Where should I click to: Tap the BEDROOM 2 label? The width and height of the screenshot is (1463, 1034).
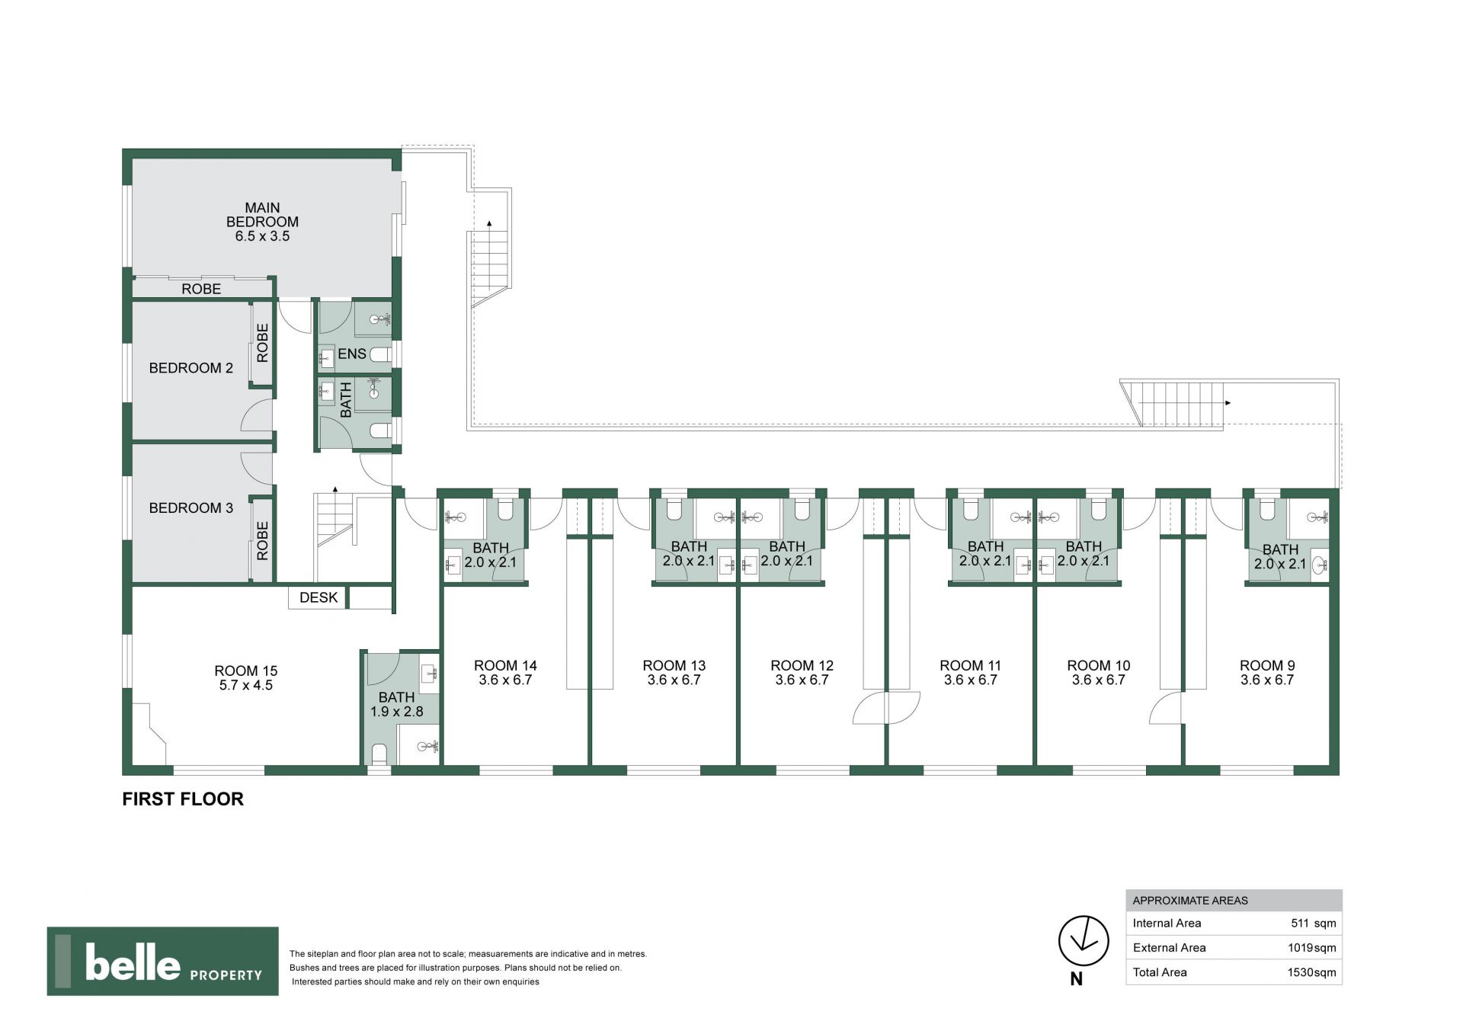point(191,368)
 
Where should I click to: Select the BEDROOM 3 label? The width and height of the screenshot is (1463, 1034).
point(191,508)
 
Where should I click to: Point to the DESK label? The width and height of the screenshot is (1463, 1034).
point(319,597)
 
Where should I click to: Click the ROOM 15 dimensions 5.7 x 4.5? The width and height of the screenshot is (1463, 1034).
point(246,685)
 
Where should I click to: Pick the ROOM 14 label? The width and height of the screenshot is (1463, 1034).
point(505,666)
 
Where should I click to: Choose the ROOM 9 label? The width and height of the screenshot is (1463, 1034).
point(1267,666)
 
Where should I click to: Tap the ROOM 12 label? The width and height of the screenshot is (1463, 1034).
point(802,666)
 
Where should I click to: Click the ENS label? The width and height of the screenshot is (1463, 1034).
point(352,354)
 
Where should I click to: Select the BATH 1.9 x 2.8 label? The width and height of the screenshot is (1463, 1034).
point(397,704)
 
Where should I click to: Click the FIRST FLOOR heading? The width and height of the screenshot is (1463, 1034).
point(183,799)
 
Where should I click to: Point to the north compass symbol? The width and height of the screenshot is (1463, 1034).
point(1084,941)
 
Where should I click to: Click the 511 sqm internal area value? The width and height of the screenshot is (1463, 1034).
point(1314,923)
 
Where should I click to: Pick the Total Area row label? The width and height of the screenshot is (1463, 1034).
point(1160,972)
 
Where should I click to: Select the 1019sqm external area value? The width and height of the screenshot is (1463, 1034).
point(1312,948)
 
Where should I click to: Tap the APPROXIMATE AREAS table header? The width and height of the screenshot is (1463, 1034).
point(1190,901)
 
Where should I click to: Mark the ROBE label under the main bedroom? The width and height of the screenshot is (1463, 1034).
point(201,289)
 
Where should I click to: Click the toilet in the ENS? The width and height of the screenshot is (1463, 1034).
point(380,354)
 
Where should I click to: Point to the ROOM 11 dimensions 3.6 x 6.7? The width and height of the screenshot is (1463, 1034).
point(971,680)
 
